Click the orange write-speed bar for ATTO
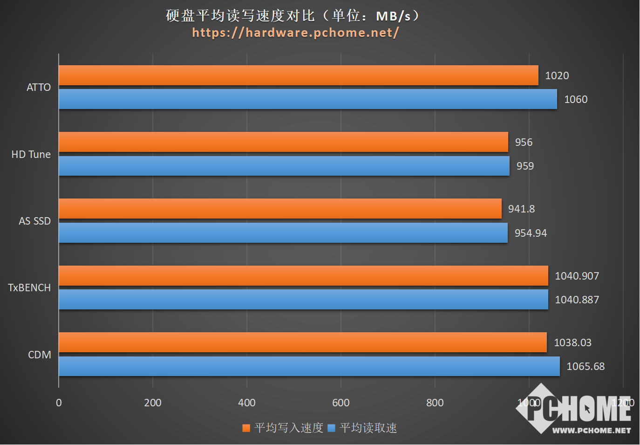pos(298,75)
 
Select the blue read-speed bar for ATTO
pos(307,99)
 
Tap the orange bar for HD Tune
pos(283,142)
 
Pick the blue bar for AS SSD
pos(283,233)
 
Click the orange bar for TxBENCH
pos(303,276)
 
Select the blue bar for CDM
pos(309,366)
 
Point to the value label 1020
pos(557,75)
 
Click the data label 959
pos(525,166)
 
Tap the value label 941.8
pos(521,209)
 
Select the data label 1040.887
pos(577,300)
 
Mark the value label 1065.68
pos(586,366)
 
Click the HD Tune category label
pos(31,154)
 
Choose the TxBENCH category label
pos(29,288)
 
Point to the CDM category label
pos(40,355)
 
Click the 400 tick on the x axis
pos(247,403)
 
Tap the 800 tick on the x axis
pos(435,403)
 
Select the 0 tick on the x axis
pos(59,403)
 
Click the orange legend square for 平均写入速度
pos(246,428)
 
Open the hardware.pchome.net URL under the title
pos(295,32)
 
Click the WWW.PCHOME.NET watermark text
pos(591,430)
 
